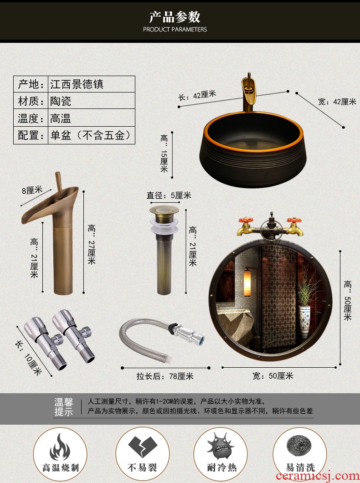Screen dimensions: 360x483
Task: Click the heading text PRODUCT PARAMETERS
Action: click(175, 30)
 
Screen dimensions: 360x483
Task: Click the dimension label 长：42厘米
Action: click(197, 95)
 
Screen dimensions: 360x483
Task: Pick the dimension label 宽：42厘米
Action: click(337, 102)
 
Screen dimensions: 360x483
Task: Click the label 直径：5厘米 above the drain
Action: click(169, 195)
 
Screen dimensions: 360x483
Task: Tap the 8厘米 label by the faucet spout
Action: click(32, 190)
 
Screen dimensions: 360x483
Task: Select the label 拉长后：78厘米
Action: click(165, 376)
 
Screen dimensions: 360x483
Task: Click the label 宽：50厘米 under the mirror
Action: click(273, 376)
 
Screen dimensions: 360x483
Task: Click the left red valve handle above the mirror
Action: click(246, 220)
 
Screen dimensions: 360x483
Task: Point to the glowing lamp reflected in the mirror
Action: click(247, 283)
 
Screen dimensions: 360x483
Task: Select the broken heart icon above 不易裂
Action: click(142, 447)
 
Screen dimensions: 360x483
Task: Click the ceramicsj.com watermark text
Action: click(318, 476)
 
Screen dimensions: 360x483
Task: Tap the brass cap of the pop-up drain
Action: click(164, 211)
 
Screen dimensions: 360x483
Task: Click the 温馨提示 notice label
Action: click(64, 406)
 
